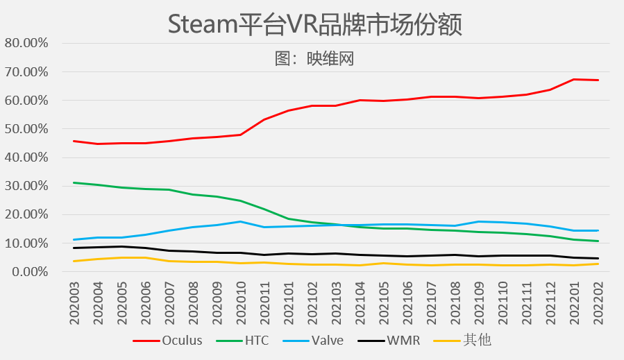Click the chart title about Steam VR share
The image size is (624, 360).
coord(315,24)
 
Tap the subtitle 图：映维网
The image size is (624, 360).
coord(314,59)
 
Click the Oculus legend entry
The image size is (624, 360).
coord(167,341)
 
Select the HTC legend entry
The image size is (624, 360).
coord(242,341)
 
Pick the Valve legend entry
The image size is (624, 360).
coord(313,341)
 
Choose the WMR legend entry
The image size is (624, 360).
coord(389,341)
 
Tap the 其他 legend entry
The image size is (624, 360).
coord(462,341)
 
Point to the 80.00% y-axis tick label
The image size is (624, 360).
coord(26,43)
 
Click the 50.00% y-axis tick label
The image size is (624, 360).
coord(26,129)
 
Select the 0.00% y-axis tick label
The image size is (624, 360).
coord(30,272)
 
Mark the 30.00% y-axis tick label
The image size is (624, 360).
coord(26,186)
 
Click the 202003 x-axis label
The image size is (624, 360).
coord(74,303)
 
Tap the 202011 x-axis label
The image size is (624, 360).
coord(264,303)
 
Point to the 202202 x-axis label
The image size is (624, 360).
coord(598,303)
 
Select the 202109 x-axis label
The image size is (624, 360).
coord(479,303)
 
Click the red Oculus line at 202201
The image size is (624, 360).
coord(574,79)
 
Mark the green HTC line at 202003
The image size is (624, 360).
coord(74,182)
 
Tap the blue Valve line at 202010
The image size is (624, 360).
coord(241,221)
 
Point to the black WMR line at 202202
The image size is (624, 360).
coord(598,258)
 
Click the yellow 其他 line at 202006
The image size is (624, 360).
coord(146,258)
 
